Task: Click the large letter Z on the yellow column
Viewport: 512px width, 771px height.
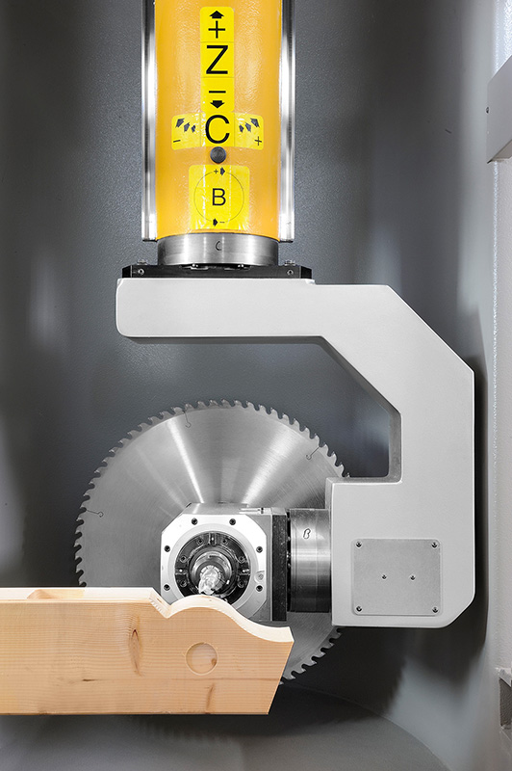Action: pyautogui.click(x=217, y=59)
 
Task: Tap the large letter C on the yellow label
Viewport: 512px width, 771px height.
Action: pyautogui.click(x=218, y=129)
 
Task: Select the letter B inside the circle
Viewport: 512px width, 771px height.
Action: pyautogui.click(x=218, y=198)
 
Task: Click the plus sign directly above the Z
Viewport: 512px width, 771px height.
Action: pyautogui.click(x=217, y=31)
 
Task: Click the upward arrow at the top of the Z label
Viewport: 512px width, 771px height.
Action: pyautogui.click(x=217, y=14)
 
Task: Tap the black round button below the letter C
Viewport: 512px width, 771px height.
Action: pyautogui.click(x=218, y=155)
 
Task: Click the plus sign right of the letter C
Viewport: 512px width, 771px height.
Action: pyautogui.click(x=258, y=142)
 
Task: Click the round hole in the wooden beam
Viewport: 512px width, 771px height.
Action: pyautogui.click(x=202, y=658)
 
